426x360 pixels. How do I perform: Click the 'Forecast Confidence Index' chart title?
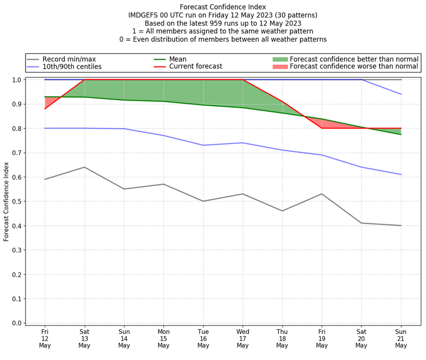(223, 7)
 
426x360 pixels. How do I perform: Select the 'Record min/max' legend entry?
(69, 59)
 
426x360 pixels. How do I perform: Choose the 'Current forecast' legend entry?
(195, 67)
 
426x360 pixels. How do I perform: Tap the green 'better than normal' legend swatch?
(280, 59)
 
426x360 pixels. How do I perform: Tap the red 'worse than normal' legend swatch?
(280, 67)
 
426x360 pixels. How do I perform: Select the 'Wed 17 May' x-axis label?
(243, 338)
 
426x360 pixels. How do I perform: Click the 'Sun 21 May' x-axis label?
(401, 338)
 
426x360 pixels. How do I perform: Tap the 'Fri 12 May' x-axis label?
(45, 338)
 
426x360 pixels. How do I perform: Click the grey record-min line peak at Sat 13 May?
(84, 167)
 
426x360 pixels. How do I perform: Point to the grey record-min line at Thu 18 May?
(282, 211)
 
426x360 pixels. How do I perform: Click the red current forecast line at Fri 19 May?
(322, 128)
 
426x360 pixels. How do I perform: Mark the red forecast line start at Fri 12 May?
(45, 109)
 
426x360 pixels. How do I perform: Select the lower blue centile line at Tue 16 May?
(203, 145)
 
